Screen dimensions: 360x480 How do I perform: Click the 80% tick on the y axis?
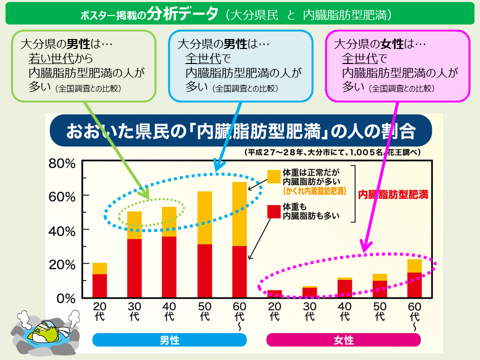tap(62, 163)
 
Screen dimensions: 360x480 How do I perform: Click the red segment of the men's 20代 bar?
tap(99, 285)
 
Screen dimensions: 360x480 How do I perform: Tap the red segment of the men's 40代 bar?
tap(169, 267)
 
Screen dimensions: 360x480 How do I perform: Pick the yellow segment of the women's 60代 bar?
tap(414, 265)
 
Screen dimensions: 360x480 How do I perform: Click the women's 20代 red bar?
tap(274, 293)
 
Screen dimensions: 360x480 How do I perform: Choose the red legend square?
tap(273, 211)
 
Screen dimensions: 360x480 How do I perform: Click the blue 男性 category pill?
tap(169, 340)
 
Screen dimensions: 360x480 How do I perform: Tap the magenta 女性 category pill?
tap(343, 340)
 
